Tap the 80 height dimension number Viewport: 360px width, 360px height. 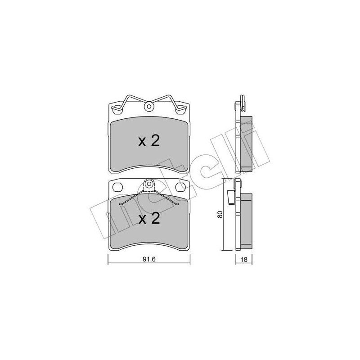(x=220, y=214)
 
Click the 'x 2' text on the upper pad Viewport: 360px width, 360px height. (x=148, y=142)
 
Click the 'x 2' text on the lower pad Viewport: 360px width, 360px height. (x=148, y=219)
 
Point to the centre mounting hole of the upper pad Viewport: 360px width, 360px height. (x=149, y=107)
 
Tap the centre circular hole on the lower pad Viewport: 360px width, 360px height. (x=149, y=184)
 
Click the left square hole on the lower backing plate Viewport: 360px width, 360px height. (x=118, y=186)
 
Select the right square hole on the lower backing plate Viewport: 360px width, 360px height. (x=180, y=186)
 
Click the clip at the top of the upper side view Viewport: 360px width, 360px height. (x=240, y=102)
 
